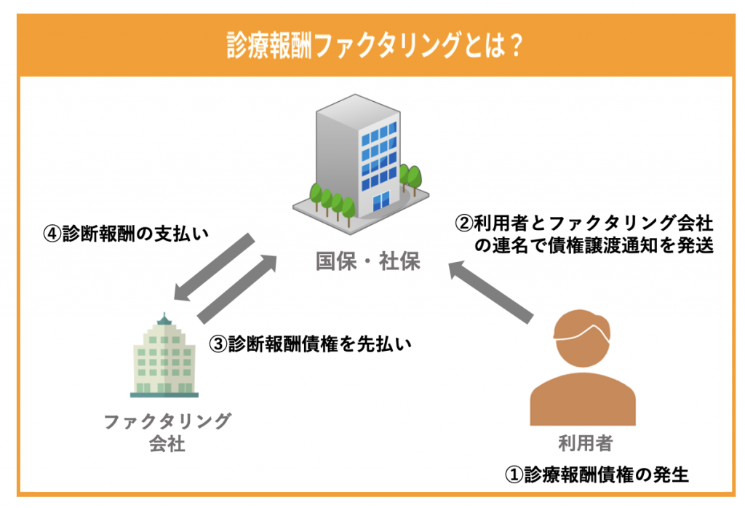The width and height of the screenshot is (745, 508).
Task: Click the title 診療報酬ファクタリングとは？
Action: pos(375,46)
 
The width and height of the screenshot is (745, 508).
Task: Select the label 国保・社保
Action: pos(368,261)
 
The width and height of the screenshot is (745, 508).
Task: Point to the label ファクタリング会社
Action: pos(167,432)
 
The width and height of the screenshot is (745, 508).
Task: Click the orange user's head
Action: pos(582,338)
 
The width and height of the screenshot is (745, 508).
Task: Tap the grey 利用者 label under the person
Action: pos(586,443)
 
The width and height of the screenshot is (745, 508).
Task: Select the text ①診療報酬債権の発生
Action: pos(597,475)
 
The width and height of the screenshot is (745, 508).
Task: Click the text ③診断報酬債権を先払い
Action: pos(311,344)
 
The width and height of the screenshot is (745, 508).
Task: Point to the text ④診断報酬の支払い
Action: pos(126,234)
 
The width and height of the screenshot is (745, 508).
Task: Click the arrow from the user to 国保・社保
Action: pos(490,292)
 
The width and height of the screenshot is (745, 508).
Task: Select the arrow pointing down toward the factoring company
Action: pos(214,266)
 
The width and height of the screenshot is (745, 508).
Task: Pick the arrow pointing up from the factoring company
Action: pos(237,288)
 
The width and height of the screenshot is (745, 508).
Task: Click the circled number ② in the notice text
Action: pos(463,223)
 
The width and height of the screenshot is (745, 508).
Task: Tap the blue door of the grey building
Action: pos(381,201)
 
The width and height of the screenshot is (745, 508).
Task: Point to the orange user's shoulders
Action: pos(583,400)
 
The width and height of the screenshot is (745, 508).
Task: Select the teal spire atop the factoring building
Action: pos(164,318)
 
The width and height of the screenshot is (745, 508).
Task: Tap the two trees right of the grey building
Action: pos(410,179)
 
